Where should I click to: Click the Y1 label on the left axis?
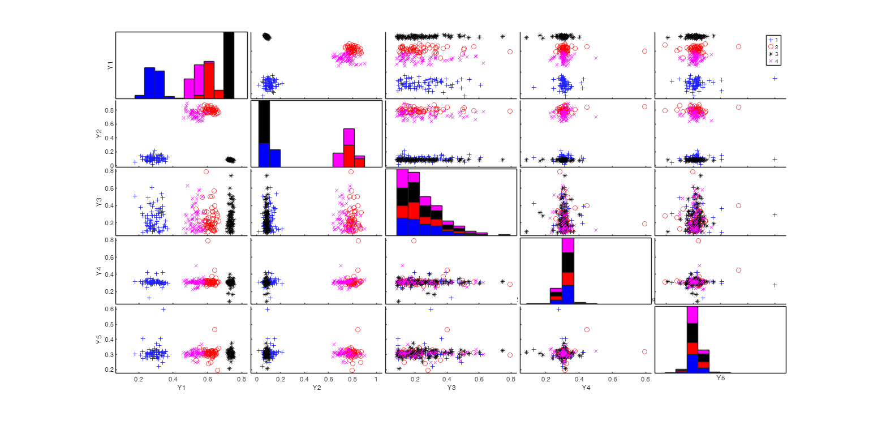click(110, 66)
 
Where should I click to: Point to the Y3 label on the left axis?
click(110, 201)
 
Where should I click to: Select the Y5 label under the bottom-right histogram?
click(721, 377)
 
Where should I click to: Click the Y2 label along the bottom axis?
click(317, 388)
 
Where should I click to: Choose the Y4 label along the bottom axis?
click(586, 388)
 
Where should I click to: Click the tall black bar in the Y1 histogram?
click(229, 65)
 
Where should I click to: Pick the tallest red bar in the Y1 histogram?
click(209, 80)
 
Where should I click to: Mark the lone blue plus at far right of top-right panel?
click(775, 78)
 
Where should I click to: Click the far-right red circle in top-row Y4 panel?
click(644, 51)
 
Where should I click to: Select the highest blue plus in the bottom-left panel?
click(163, 309)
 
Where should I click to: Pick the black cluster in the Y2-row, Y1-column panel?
click(230, 160)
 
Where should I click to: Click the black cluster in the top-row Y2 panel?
click(266, 37)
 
